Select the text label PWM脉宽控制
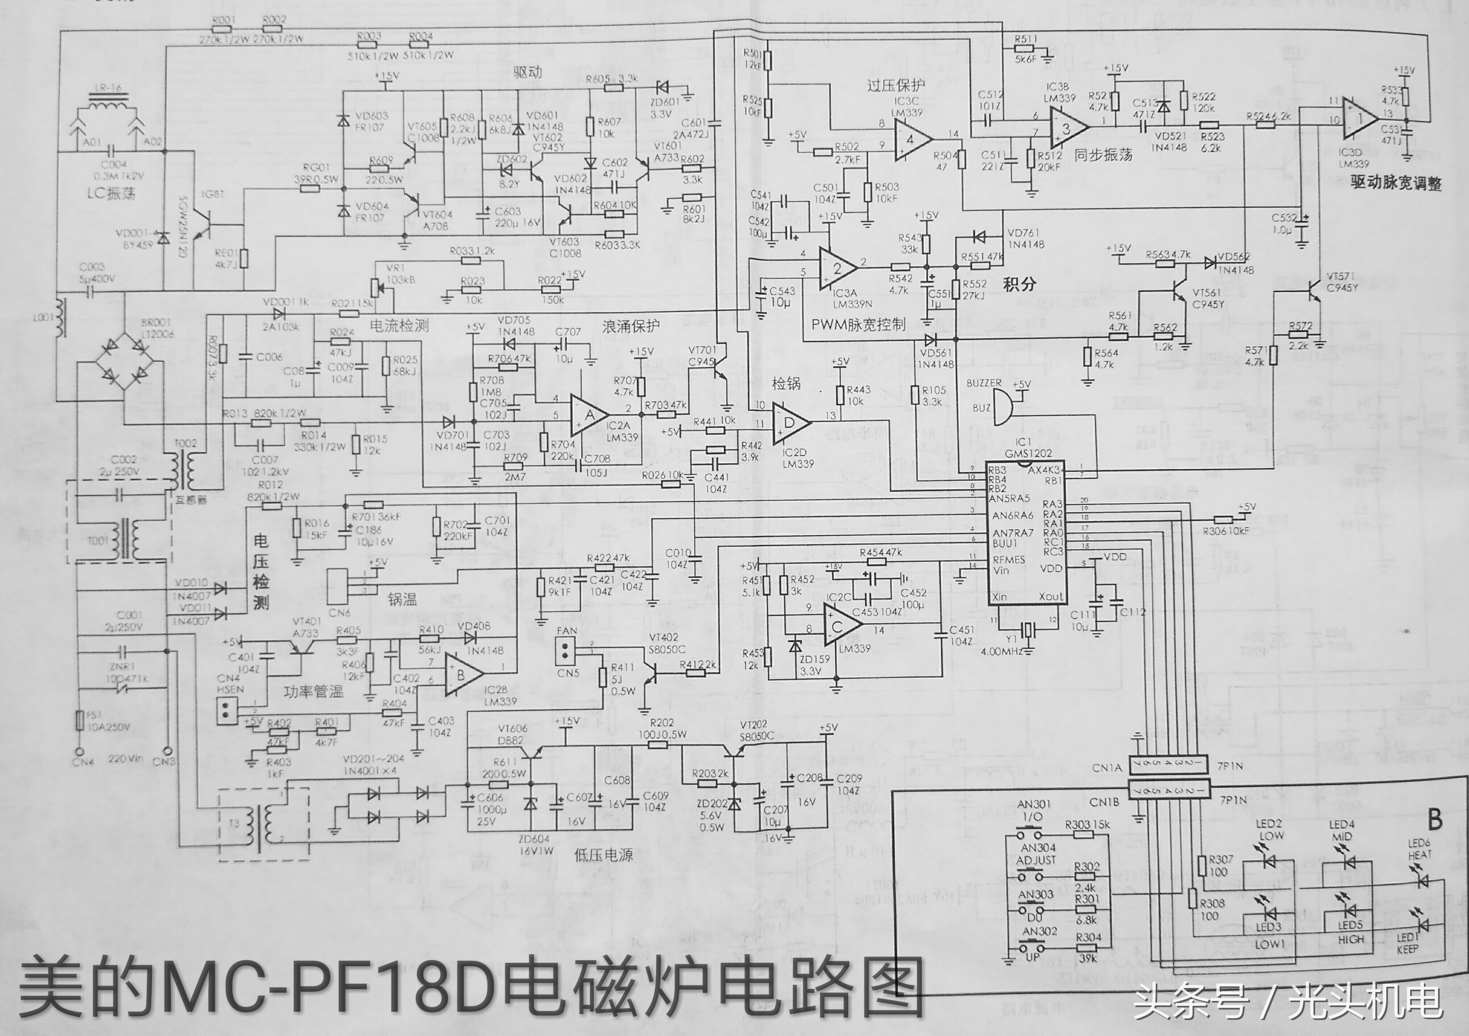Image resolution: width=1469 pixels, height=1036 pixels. coord(858,325)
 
